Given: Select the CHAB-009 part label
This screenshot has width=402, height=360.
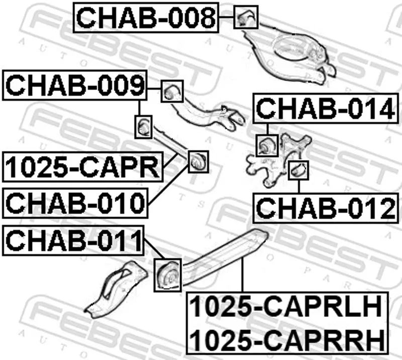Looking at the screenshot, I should [x=75, y=86].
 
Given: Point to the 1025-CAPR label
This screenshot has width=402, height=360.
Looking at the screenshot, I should [x=82, y=168].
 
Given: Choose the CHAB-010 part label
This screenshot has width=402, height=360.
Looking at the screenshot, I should [x=75, y=203].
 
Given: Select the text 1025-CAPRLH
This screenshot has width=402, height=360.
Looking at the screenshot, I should [x=288, y=307].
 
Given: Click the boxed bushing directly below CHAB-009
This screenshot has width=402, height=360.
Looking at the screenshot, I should [x=144, y=127].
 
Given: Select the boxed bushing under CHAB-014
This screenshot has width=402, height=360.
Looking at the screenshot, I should [x=266, y=145].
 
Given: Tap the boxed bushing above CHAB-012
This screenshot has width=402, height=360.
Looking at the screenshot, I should [x=298, y=170].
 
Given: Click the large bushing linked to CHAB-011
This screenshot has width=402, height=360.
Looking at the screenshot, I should [x=168, y=274].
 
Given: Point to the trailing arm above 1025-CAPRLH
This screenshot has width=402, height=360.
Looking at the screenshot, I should [x=226, y=256].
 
